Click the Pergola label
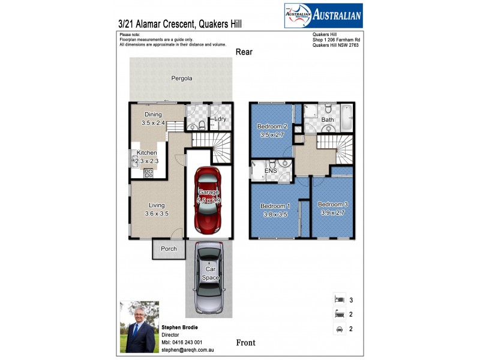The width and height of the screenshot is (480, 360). point(182,79)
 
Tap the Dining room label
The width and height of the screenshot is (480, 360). point(154,115)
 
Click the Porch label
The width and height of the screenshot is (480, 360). point(168,248)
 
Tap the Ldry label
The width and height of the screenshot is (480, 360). point(220,119)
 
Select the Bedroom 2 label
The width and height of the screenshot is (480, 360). point(272,127)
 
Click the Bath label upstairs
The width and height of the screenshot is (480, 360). point(328,120)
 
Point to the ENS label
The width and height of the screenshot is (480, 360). point(271,171)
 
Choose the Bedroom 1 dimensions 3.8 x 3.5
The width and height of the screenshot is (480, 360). point(274,214)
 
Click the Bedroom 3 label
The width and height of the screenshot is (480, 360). point(333,205)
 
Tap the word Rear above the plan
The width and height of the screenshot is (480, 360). point(244,52)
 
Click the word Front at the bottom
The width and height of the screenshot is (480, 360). point(245,343)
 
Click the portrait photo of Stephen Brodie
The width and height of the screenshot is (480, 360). point(140,326)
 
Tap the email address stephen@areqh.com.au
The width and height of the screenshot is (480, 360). point(188,349)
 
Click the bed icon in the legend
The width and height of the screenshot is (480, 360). point(340,299)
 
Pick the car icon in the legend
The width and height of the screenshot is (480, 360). point(340,328)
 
